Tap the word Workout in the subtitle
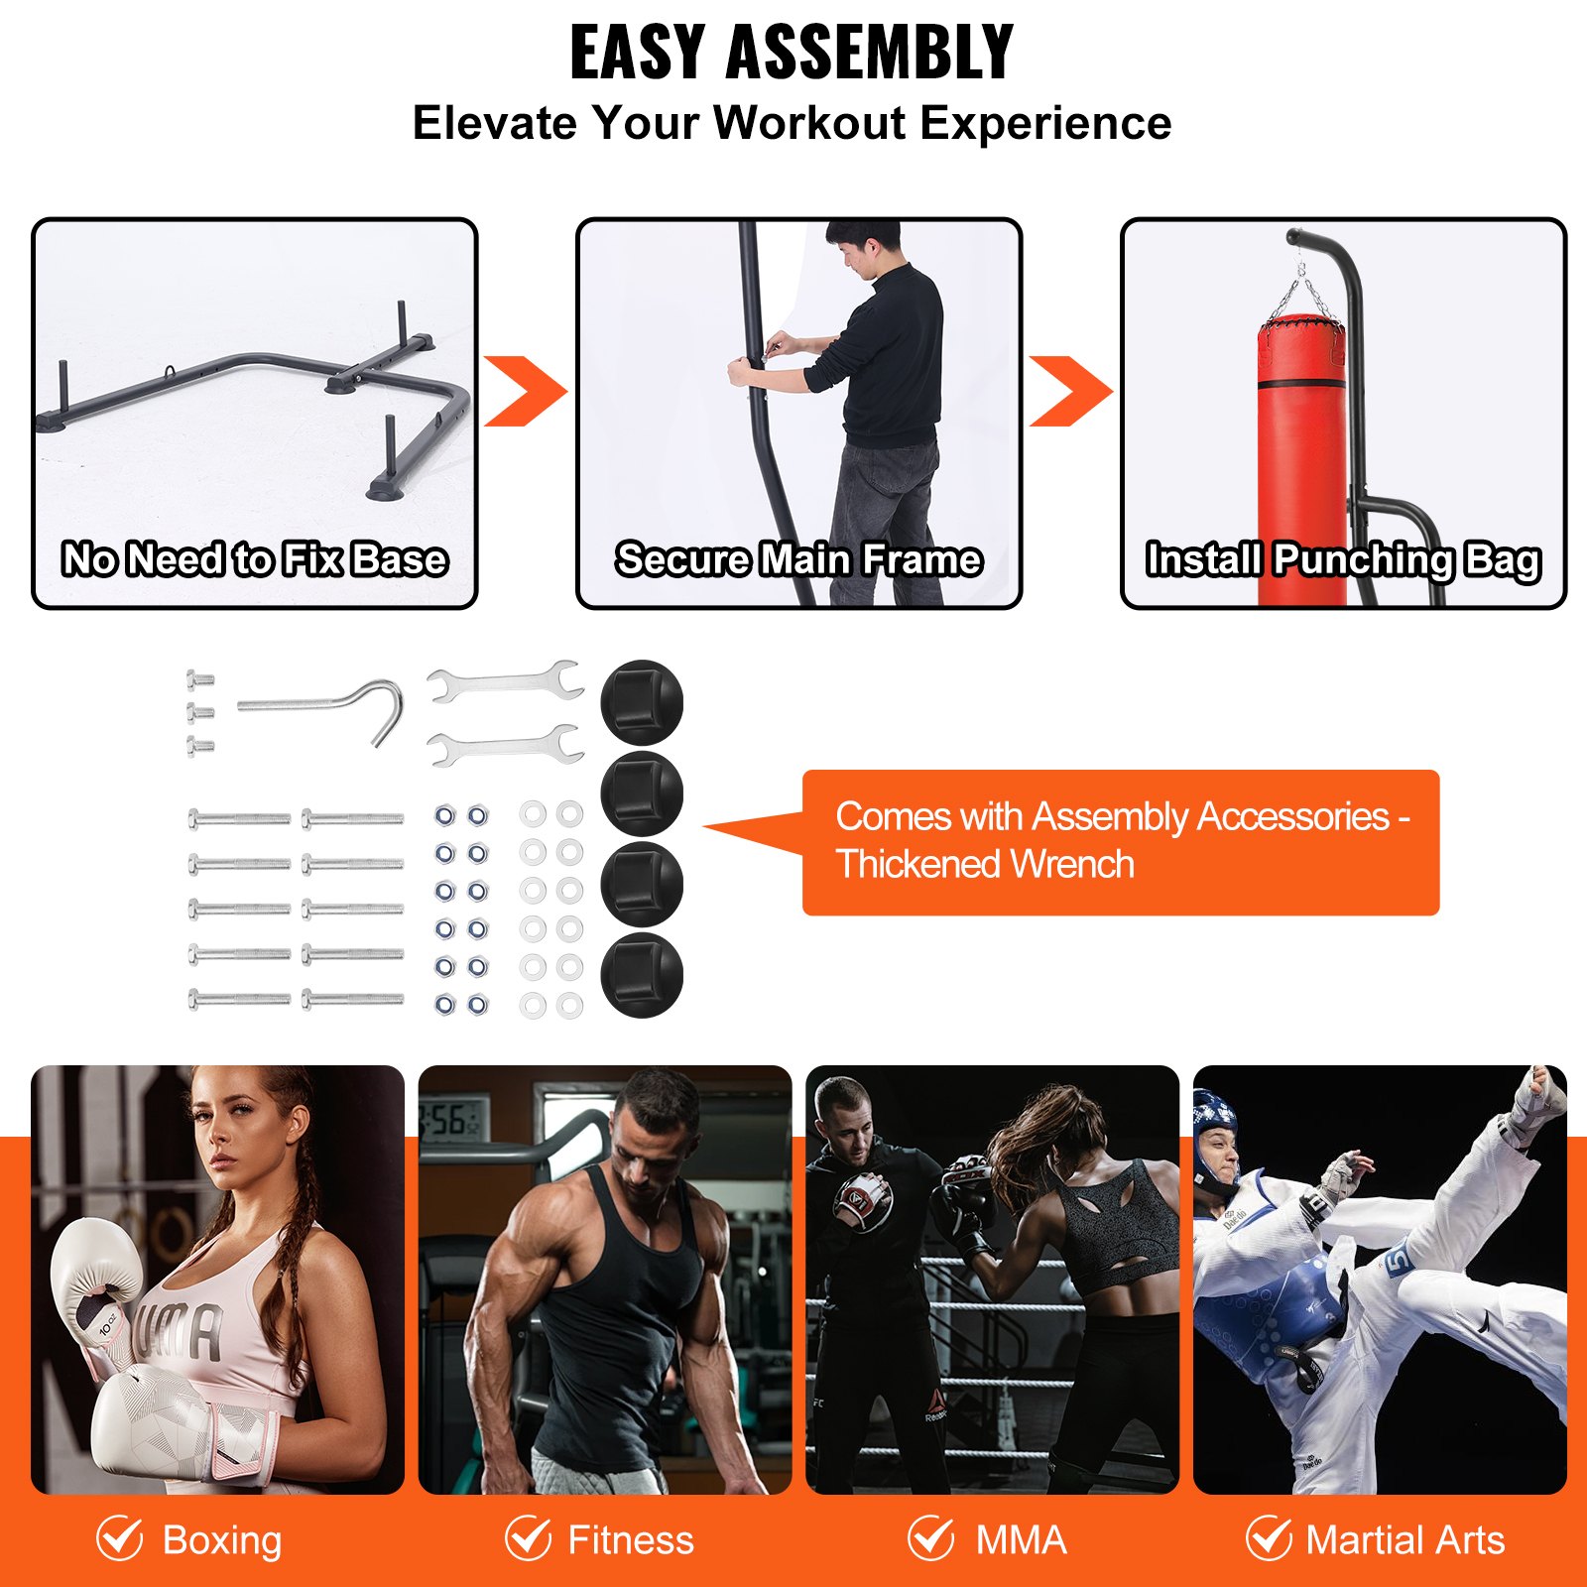point(809,124)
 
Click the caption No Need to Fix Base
point(255,559)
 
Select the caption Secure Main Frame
point(798,559)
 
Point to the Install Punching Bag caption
point(1343,559)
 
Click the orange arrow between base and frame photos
point(525,392)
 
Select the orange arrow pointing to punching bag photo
point(1070,392)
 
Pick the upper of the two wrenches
point(505,682)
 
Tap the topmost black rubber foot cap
point(642,702)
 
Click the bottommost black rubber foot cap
point(642,975)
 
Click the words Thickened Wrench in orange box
point(985,865)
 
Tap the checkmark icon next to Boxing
point(120,1538)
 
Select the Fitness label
point(630,1540)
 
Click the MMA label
point(1021,1540)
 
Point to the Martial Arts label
point(1404,1540)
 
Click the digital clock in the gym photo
point(453,1121)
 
